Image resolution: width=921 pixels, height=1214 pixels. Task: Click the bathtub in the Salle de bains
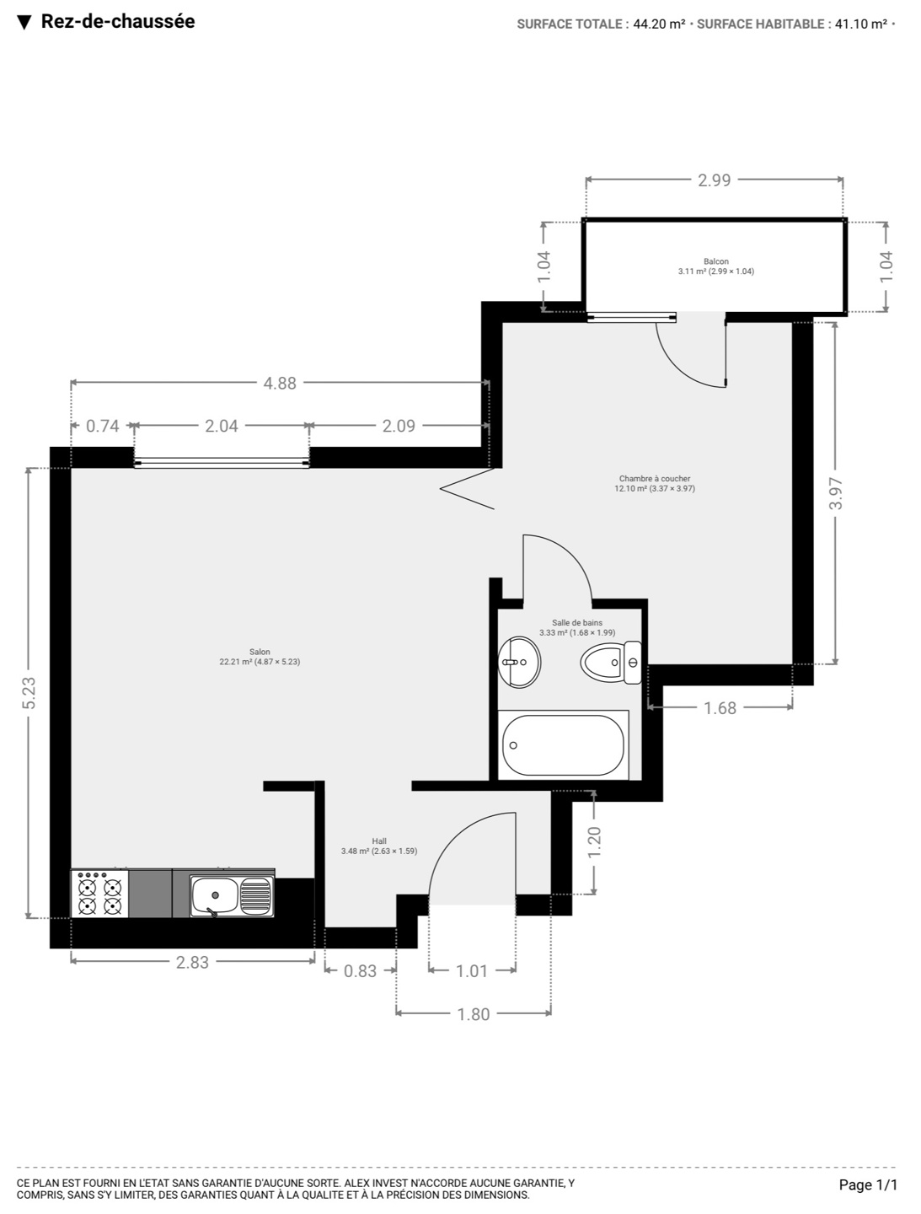[x=563, y=745]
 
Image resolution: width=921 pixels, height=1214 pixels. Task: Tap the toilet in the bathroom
[x=611, y=662]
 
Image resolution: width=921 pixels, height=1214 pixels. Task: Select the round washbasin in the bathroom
[x=519, y=662]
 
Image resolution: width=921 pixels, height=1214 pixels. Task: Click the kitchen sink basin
[x=215, y=895]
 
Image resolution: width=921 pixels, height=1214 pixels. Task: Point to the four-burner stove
[x=99, y=894]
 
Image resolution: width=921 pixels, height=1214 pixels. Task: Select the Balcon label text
[x=716, y=261]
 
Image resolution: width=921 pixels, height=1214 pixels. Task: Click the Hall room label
[x=379, y=841]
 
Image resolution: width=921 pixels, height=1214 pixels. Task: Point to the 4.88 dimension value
[x=280, y=384]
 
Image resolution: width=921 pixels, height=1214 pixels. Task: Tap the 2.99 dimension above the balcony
[x=715, y=180]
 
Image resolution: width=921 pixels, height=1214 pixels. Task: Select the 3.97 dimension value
[x=837, y=493]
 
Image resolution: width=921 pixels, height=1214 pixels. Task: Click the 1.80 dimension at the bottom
[x=474, y=1014]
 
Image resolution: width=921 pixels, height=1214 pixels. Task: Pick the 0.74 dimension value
[x=103, y=426]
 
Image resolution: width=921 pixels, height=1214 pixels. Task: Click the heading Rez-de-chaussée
[x=118, y=21]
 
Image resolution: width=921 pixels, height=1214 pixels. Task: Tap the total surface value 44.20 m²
[x=659, y=24]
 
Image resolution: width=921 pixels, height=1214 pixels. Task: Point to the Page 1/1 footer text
[x=868, y=1184]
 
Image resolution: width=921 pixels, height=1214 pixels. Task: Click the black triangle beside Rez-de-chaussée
[x=24, y=22]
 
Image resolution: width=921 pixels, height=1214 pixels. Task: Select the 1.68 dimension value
[x=720, y=708]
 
